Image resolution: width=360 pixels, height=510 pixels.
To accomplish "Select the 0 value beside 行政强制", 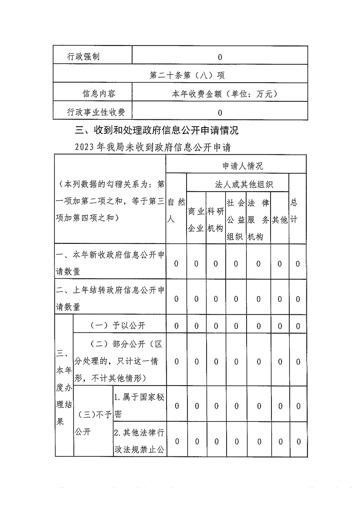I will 220,57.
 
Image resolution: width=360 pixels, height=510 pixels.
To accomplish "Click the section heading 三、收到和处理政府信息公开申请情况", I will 157,131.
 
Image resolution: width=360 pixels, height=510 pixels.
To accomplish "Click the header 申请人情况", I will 236,166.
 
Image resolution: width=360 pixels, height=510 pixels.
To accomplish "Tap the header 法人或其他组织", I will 237,184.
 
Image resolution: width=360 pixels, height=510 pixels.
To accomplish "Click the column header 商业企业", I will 196,220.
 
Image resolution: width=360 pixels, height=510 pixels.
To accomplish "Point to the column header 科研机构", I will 216,220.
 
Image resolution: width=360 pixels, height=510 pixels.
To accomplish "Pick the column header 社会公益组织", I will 236,220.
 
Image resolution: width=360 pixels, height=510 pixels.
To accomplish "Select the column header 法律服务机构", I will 258,220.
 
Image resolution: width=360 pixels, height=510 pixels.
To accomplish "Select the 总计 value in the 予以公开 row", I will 298,326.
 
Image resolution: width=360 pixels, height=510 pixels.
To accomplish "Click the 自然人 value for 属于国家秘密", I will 177,406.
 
